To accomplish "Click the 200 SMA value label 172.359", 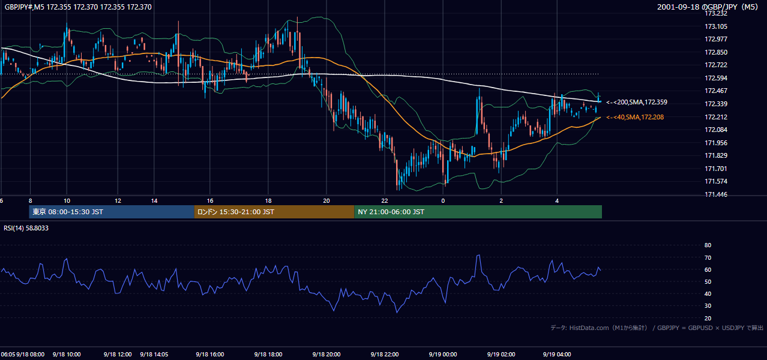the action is [637, 102].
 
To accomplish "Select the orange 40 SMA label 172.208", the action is [635, 117].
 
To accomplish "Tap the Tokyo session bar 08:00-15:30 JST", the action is [112, 212].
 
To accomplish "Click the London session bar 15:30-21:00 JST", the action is [274, 212].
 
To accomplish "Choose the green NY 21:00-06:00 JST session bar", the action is [478, 212].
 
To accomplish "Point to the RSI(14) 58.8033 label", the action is [26, 228].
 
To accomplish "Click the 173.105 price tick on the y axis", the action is [716, 26].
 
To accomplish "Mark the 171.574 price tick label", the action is [716, 181].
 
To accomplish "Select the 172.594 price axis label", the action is [716, 78].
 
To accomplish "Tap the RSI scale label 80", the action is [708, 245].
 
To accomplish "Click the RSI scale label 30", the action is [708, 305].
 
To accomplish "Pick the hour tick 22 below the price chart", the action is [385, 201].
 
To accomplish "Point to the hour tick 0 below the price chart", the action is [443, 201].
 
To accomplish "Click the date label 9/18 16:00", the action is [210, 354].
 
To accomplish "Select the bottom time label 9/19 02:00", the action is [501, 354].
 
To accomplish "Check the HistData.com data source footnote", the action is [657, 328].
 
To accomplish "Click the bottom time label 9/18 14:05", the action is [154, 354].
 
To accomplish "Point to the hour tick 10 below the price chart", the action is [67, 201].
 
